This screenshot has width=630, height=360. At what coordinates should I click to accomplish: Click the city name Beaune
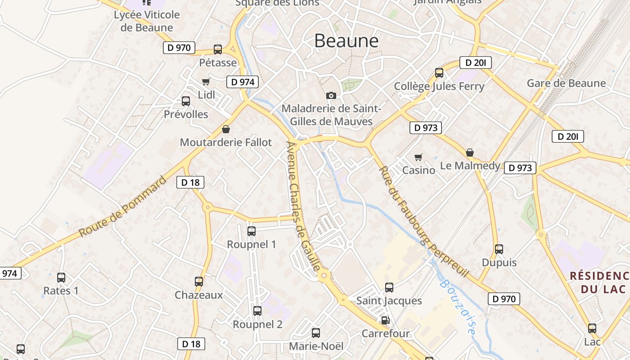346,41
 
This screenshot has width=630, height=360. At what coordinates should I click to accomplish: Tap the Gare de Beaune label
566,83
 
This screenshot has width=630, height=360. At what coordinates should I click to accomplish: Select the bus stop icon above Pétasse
218,49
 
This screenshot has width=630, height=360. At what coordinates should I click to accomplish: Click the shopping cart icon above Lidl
206,81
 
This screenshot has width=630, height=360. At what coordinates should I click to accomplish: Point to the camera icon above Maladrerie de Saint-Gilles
331,95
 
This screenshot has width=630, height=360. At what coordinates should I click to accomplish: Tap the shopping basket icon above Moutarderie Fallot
226,130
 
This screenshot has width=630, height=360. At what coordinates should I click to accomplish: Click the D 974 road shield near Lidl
243,82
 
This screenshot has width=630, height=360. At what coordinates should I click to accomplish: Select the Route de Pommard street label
122,207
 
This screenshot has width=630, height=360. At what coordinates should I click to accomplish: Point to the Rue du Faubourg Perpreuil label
423,221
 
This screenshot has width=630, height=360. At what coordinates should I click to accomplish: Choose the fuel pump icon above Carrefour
385,320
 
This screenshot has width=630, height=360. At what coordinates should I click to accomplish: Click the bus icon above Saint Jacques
389,287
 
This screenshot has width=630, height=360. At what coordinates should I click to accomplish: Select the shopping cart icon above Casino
418,157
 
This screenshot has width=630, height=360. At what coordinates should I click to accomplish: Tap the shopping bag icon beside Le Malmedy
470,153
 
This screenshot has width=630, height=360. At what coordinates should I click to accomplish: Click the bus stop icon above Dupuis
499,249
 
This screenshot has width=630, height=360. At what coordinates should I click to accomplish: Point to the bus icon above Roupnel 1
252,231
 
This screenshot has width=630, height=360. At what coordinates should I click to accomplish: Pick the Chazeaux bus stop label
199,295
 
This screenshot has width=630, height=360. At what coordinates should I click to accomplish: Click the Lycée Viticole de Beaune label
147,21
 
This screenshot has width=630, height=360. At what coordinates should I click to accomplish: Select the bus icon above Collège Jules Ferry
439,72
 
